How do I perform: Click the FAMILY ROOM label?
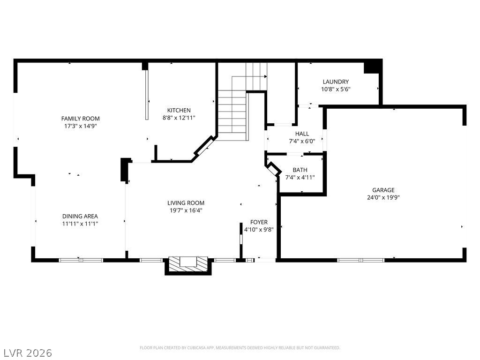pos(81,119)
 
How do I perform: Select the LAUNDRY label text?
pos(335,82)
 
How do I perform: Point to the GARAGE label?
pos(383,190)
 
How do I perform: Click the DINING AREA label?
pos(80,216)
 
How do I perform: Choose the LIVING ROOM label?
pos(186,203)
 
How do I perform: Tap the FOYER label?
pos(259,222)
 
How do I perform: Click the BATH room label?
pos(300,170)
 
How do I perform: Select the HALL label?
pos(302,134)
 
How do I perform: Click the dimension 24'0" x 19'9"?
pos(383,197)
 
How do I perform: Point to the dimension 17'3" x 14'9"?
pos(81,126)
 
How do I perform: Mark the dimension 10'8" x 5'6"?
pos(335,89)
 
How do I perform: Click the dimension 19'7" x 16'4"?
pos(186,210)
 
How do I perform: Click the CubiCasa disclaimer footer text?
pos(240,348)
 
